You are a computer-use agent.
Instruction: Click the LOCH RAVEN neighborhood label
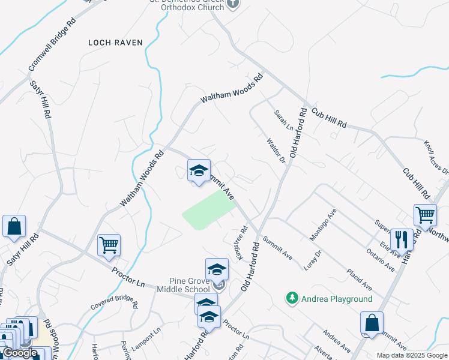pyautogui.click(x=115, y=43)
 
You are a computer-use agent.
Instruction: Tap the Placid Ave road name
pyautogui.click(x=360, y=277)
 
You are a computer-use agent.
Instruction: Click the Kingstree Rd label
pyautogui.click(x=237, y=242)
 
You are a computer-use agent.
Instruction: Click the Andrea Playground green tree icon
pyautogui.click(x=292, y=298)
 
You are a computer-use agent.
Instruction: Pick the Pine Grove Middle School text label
pyautogui.click(x=181, y=285)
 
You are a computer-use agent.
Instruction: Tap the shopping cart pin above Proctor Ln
pyautogui.click(x=109, y=245)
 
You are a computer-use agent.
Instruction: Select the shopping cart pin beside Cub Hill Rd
pyautogui.click(x=425, y=214)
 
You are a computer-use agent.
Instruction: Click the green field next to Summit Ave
pyautogui.click(x=208, y=210)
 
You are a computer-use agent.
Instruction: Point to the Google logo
pyautogui.click(x=20, y=353)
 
